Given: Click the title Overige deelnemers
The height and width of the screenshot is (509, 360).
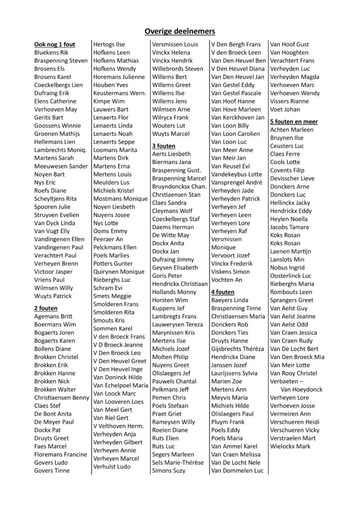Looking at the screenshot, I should click(x=180, y=31).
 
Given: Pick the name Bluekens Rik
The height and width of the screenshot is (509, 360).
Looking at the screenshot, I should click(x=52, y=53).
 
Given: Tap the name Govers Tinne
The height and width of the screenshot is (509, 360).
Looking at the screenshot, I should click(x=52, y=470).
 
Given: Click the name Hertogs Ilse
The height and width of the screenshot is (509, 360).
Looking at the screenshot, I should click(x=109, y=44).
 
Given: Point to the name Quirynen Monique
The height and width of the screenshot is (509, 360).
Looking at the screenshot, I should click(x=119, y=271).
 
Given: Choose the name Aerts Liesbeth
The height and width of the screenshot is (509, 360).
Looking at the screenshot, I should click(x=172, y=154).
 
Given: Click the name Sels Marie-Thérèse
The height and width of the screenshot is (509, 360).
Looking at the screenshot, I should click(x=178, y=462).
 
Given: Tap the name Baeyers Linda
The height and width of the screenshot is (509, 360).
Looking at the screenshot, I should click(x=230, y=300).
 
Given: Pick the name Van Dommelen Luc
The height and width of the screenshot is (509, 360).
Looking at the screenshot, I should click(x=237, y=470).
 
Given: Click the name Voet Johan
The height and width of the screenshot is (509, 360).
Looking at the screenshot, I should click(x=285, y=109).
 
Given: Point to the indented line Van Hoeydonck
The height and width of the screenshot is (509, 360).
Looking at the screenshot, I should click(x=302, y=389).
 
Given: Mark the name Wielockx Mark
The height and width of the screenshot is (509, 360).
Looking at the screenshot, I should click(x=290, y=446).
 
